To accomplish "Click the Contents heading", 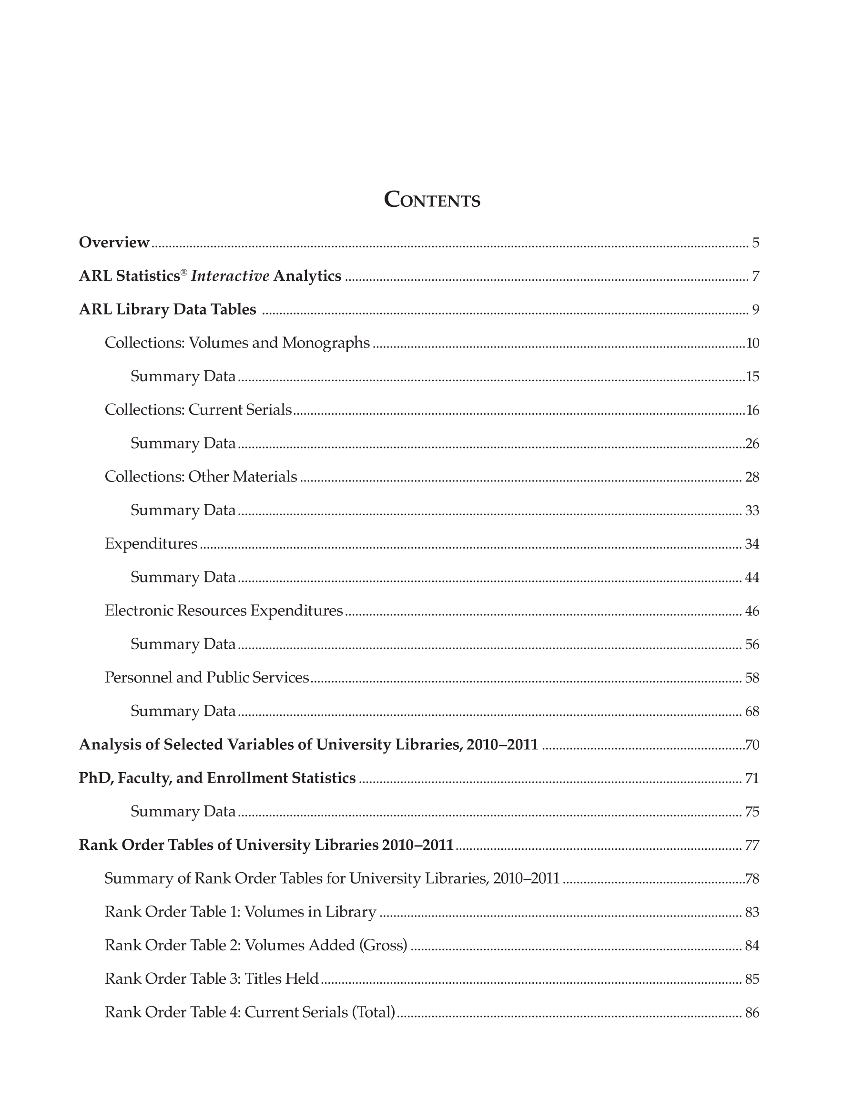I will click(432, 199).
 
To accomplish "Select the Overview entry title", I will click(114, 243).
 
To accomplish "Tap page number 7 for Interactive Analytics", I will click(755, 276).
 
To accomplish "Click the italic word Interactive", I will click(230, 276).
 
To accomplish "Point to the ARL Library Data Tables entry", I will click(167, 309).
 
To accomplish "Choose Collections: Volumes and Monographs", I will click(237, 343).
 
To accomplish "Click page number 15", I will click(752, 377).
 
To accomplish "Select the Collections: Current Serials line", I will click(198, 410).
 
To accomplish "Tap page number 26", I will click(752, 444).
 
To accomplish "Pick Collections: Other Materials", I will click(200, 477).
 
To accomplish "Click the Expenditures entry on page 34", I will click(151, 543).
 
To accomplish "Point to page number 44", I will click(752, 577).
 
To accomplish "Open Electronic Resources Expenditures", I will click(224, 611).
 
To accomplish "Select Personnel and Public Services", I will click(206, 678).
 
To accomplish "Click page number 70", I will click(752, 745).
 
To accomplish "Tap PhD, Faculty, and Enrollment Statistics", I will click(217, 778).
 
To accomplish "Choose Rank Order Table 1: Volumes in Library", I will click(240, 912).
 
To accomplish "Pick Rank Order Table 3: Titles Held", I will click(212, 978).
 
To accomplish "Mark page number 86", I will click(752, 1012).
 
